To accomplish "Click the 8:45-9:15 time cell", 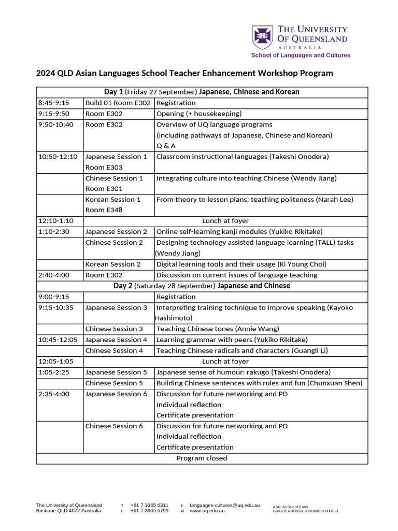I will click(54, 103).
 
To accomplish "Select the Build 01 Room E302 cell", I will click(118, 103).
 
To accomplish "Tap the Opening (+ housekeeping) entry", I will click(199, 114).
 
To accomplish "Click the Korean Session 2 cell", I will click(113, 264).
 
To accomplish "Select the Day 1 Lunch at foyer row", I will click(225, 221).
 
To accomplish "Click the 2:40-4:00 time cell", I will click(54, 275).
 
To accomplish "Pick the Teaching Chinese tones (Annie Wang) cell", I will click(218, 329).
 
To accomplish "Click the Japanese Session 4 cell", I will click(116, 340).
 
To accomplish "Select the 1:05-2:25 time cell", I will click(54, 372).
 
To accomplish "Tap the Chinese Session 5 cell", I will click(114, 383).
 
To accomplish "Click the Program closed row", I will click(202, 458).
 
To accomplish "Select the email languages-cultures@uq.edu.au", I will click(224, 505).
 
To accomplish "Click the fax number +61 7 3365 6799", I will click(149, 511).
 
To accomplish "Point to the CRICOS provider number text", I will click(305, 511).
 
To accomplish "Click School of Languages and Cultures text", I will click(301, 55).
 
